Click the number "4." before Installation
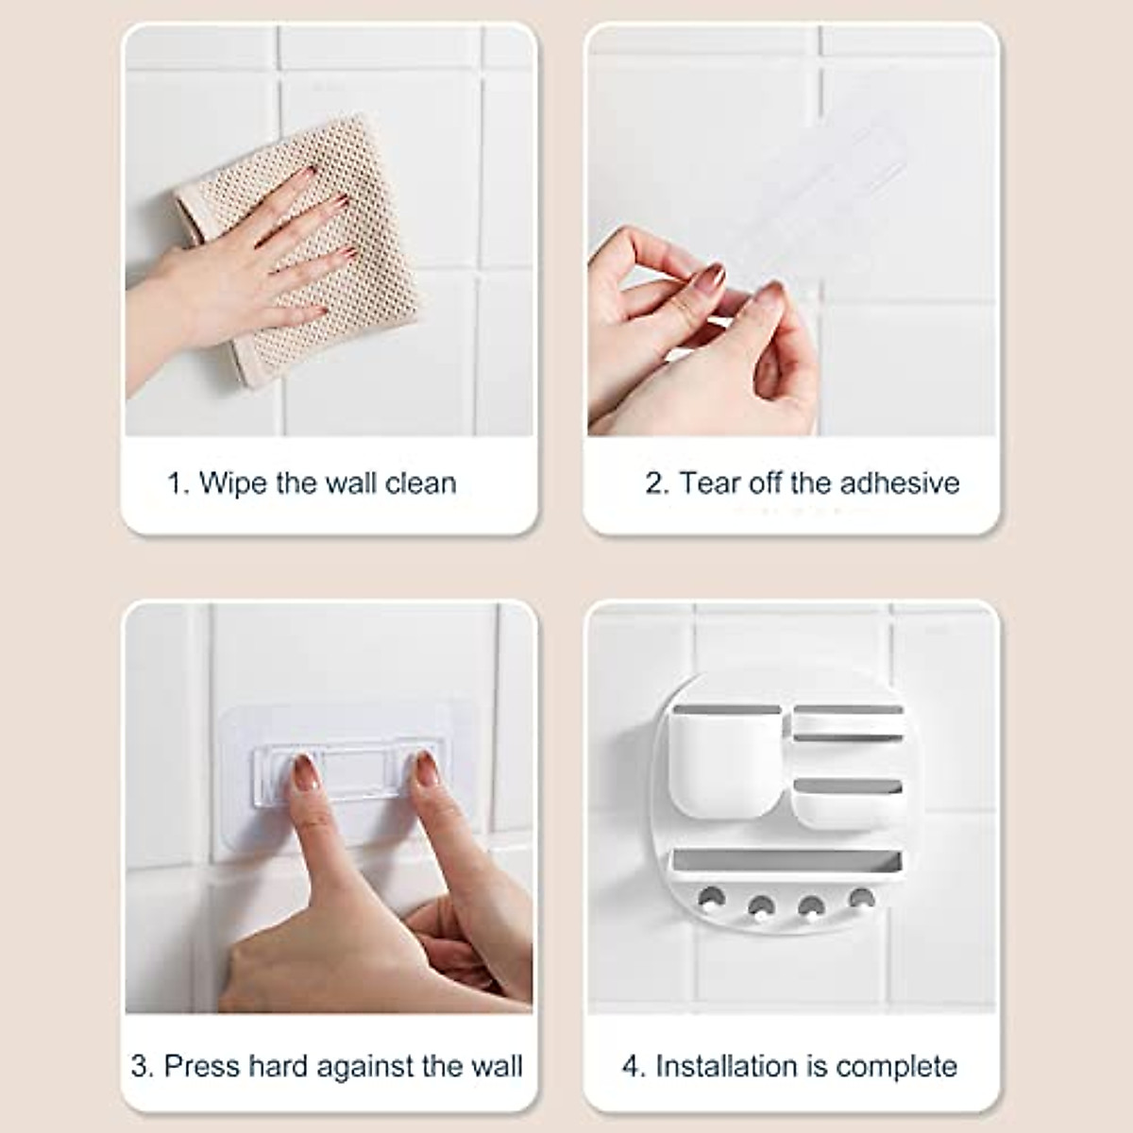[634, 1067]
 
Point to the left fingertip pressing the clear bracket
[301, 769]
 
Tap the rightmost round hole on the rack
[858, 896]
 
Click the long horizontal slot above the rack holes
[784, 861]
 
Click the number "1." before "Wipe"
[179, 483]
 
